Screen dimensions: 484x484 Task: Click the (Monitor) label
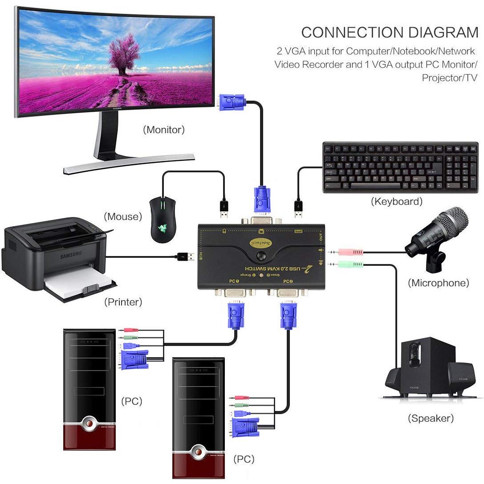(x=163, y=130)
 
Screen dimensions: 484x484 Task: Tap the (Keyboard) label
(x=396, y=202)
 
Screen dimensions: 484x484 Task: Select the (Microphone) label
(x=438, y=283)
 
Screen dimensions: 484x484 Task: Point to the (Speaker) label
(x=431, y=418)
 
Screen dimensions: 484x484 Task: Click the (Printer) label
(x=123, y=302)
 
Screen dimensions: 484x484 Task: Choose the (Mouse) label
(x=123, y=217)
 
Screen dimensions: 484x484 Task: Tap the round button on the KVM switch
(x=261, y=256)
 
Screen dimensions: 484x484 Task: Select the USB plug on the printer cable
(x=186, y=256)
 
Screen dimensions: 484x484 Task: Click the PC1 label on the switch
(x=234, y=281)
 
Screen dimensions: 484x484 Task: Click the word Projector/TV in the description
(x=449, y=78)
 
